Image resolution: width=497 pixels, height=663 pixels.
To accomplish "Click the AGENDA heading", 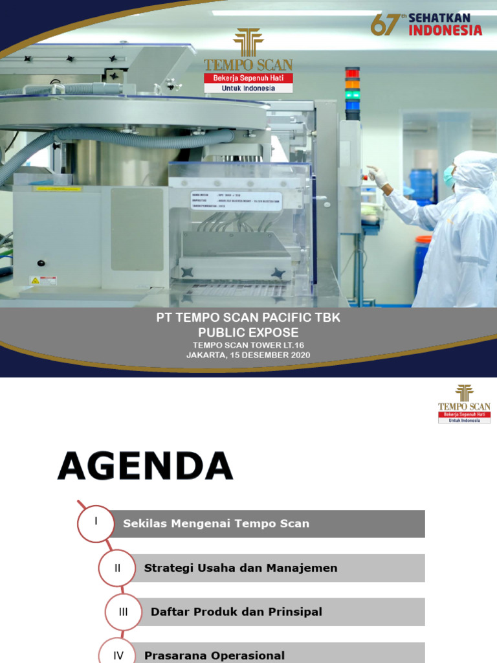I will (x=145, y=466).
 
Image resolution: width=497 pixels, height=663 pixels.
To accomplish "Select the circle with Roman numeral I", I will (x=96, y=523).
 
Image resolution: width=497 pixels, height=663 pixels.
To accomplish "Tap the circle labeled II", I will (x=118, y=568).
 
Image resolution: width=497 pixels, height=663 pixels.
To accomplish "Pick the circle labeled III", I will (x=123, y=612).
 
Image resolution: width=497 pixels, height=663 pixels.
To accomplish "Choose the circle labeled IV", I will (x=118, y=654).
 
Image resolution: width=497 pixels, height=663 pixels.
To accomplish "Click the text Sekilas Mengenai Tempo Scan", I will (x=216, y=524).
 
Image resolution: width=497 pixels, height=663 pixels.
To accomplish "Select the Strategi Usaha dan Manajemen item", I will (x=241, y=568).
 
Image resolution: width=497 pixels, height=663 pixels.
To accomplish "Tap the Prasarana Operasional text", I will (x=214, y=655).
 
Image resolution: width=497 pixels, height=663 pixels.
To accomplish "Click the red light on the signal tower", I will (x=352, y=73).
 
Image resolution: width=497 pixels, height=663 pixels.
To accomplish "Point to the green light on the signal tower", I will (x=352, y=95).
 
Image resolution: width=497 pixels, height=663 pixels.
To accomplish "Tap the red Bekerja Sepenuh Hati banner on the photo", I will (x=248, y=78).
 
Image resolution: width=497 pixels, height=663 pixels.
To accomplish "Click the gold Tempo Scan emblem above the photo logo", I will (x=248, y=43).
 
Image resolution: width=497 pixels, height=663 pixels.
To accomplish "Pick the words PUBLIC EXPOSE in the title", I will (x=248, y=333).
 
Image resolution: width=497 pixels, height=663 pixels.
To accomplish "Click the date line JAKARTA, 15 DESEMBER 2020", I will (x=248, y=355).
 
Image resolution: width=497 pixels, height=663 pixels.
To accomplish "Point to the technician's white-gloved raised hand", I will (x=376, y=175).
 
